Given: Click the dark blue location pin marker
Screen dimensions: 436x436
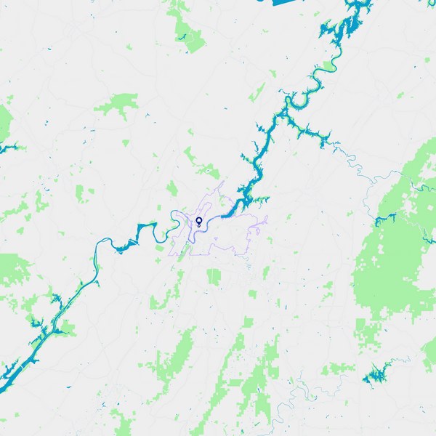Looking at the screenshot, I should (198, 221).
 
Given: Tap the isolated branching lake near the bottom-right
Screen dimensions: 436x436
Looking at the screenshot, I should (376, 376).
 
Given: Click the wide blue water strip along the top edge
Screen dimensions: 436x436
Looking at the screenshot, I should (291, 2).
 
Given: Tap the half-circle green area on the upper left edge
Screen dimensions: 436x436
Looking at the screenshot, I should (4, 120).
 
